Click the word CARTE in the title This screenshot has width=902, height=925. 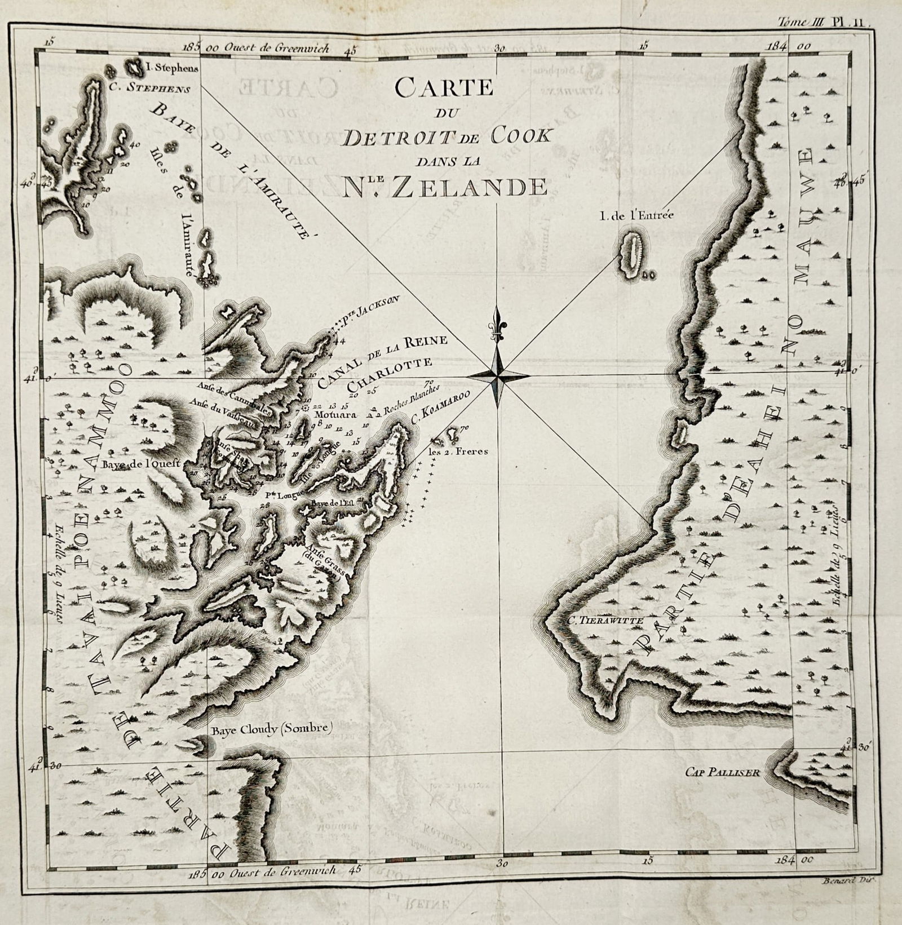click(x=444, y=88)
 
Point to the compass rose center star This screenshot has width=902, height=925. click(x=497, y=375)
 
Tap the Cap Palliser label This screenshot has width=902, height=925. click(x=723, y=772)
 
